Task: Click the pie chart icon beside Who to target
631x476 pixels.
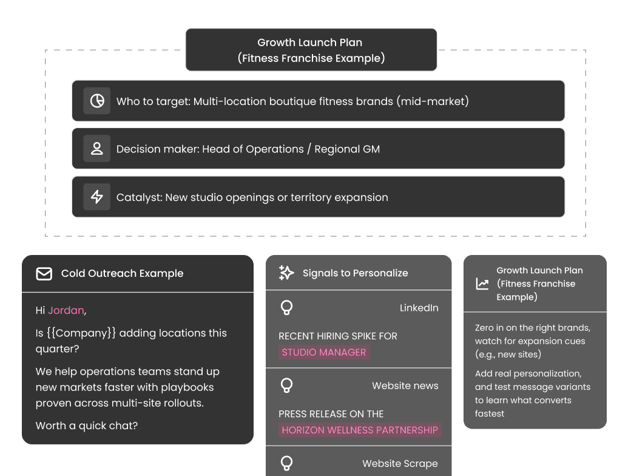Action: pyautogui.click(x=97, y=101)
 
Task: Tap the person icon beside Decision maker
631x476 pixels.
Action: pyautogui.click(x=97, y=149)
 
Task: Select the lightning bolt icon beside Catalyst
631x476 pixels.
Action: pyautogui.click(x=97, y=197)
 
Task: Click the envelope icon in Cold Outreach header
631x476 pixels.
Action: pyautogui.click(x=44, y=274)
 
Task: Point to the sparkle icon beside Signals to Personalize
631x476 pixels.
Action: pyautogui.click(x=286, y=273)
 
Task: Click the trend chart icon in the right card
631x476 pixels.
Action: pyautogui.click(x=482, y=284)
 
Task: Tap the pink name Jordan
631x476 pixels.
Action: pyautogui.click(x=66, y=310)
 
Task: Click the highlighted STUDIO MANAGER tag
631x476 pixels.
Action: pyautogui.click(x=324, y=352)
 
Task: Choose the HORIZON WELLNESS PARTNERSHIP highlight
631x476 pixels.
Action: pyautogui.click(x=360, y=430)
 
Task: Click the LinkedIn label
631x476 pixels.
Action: pyautogui.click(x=419, y=308)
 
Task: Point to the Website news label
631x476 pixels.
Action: pyautogui.click(x=405, y=386)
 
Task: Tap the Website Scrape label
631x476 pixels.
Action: pyautogui.click(x=400, y=463)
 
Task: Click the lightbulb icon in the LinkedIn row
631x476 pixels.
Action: pyautogui.click(x=287, y=308)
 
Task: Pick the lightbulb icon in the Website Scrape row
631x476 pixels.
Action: pyautogui.click(x=287, y=463)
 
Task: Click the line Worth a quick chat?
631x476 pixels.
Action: pyautogui.click(x=87, y=426)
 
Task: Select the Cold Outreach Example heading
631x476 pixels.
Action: pyautogui.click(x=122, y=273)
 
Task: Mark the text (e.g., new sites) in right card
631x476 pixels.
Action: pyautogui.click(x=508, y=354)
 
